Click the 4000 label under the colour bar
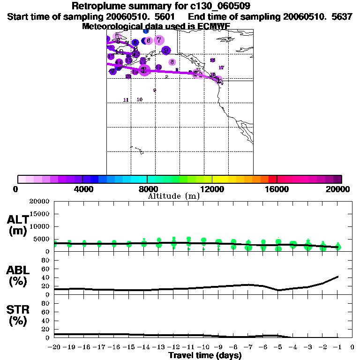[82, 189]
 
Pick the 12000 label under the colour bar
[212, 189]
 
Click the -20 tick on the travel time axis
[54, 348]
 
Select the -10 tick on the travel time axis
[203, 348]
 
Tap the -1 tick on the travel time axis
[337, 348]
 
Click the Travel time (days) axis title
[204, 356]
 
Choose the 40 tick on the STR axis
[46, 321]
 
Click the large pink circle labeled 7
[159, 40]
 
